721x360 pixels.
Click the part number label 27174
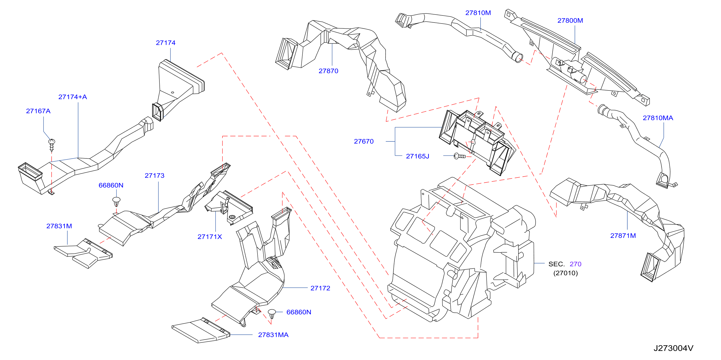point(166,43)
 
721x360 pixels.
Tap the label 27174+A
point(73,97)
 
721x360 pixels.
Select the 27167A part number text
point(38,111)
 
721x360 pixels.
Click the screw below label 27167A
point(52,145)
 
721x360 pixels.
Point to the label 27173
point(155,176)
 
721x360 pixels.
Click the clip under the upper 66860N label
point(116,201)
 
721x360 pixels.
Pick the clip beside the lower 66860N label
point(272,314)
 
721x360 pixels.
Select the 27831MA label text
point(273,335)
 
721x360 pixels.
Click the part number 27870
point(328,71)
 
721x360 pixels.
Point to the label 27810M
point(478,13)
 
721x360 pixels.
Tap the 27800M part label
point(570,20)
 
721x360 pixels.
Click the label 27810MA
point(658,118)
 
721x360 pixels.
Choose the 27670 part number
point(364,141)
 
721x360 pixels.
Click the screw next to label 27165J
point(459,156)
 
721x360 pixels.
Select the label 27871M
point(623,236)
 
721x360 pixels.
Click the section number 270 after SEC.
point(575,264)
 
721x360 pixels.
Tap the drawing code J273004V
point(673,348)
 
